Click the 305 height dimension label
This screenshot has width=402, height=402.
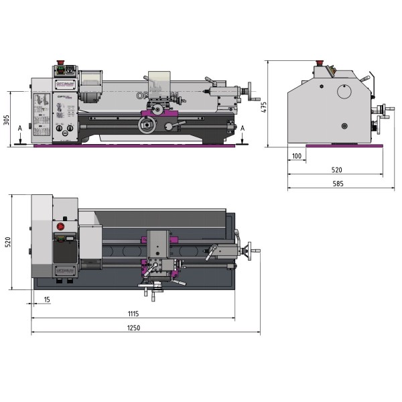6,120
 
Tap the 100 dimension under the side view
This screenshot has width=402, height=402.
297,155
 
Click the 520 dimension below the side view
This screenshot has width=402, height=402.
336,170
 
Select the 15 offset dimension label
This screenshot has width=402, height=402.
47,299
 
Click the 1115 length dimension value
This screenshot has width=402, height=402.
133,313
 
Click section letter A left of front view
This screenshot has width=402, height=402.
20,127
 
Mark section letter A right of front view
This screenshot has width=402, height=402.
243,127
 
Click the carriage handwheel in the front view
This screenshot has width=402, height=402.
147,125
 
